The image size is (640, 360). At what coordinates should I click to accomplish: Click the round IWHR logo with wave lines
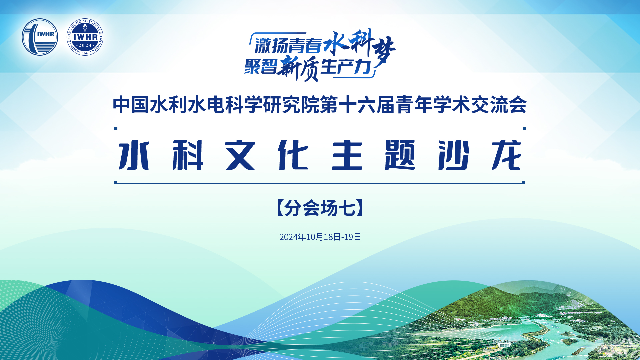40,37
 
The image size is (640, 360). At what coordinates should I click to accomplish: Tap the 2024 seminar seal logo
85,37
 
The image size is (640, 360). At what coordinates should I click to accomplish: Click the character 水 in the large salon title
134,155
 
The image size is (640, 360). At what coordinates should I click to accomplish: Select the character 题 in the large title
400,155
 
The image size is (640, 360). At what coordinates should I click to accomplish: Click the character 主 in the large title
347,155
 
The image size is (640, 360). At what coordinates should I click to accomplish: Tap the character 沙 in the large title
454,155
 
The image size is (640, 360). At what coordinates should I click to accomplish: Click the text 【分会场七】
320,208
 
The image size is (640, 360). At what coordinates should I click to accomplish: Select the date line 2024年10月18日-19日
320,237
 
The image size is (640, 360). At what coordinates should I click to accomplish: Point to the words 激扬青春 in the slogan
289,46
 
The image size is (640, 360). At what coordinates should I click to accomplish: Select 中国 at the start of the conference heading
131,105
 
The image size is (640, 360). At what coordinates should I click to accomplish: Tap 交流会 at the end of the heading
499,105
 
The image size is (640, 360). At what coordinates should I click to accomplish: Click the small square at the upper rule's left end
116,128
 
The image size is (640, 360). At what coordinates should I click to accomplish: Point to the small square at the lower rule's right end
524,182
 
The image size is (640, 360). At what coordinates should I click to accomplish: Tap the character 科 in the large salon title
188,155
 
